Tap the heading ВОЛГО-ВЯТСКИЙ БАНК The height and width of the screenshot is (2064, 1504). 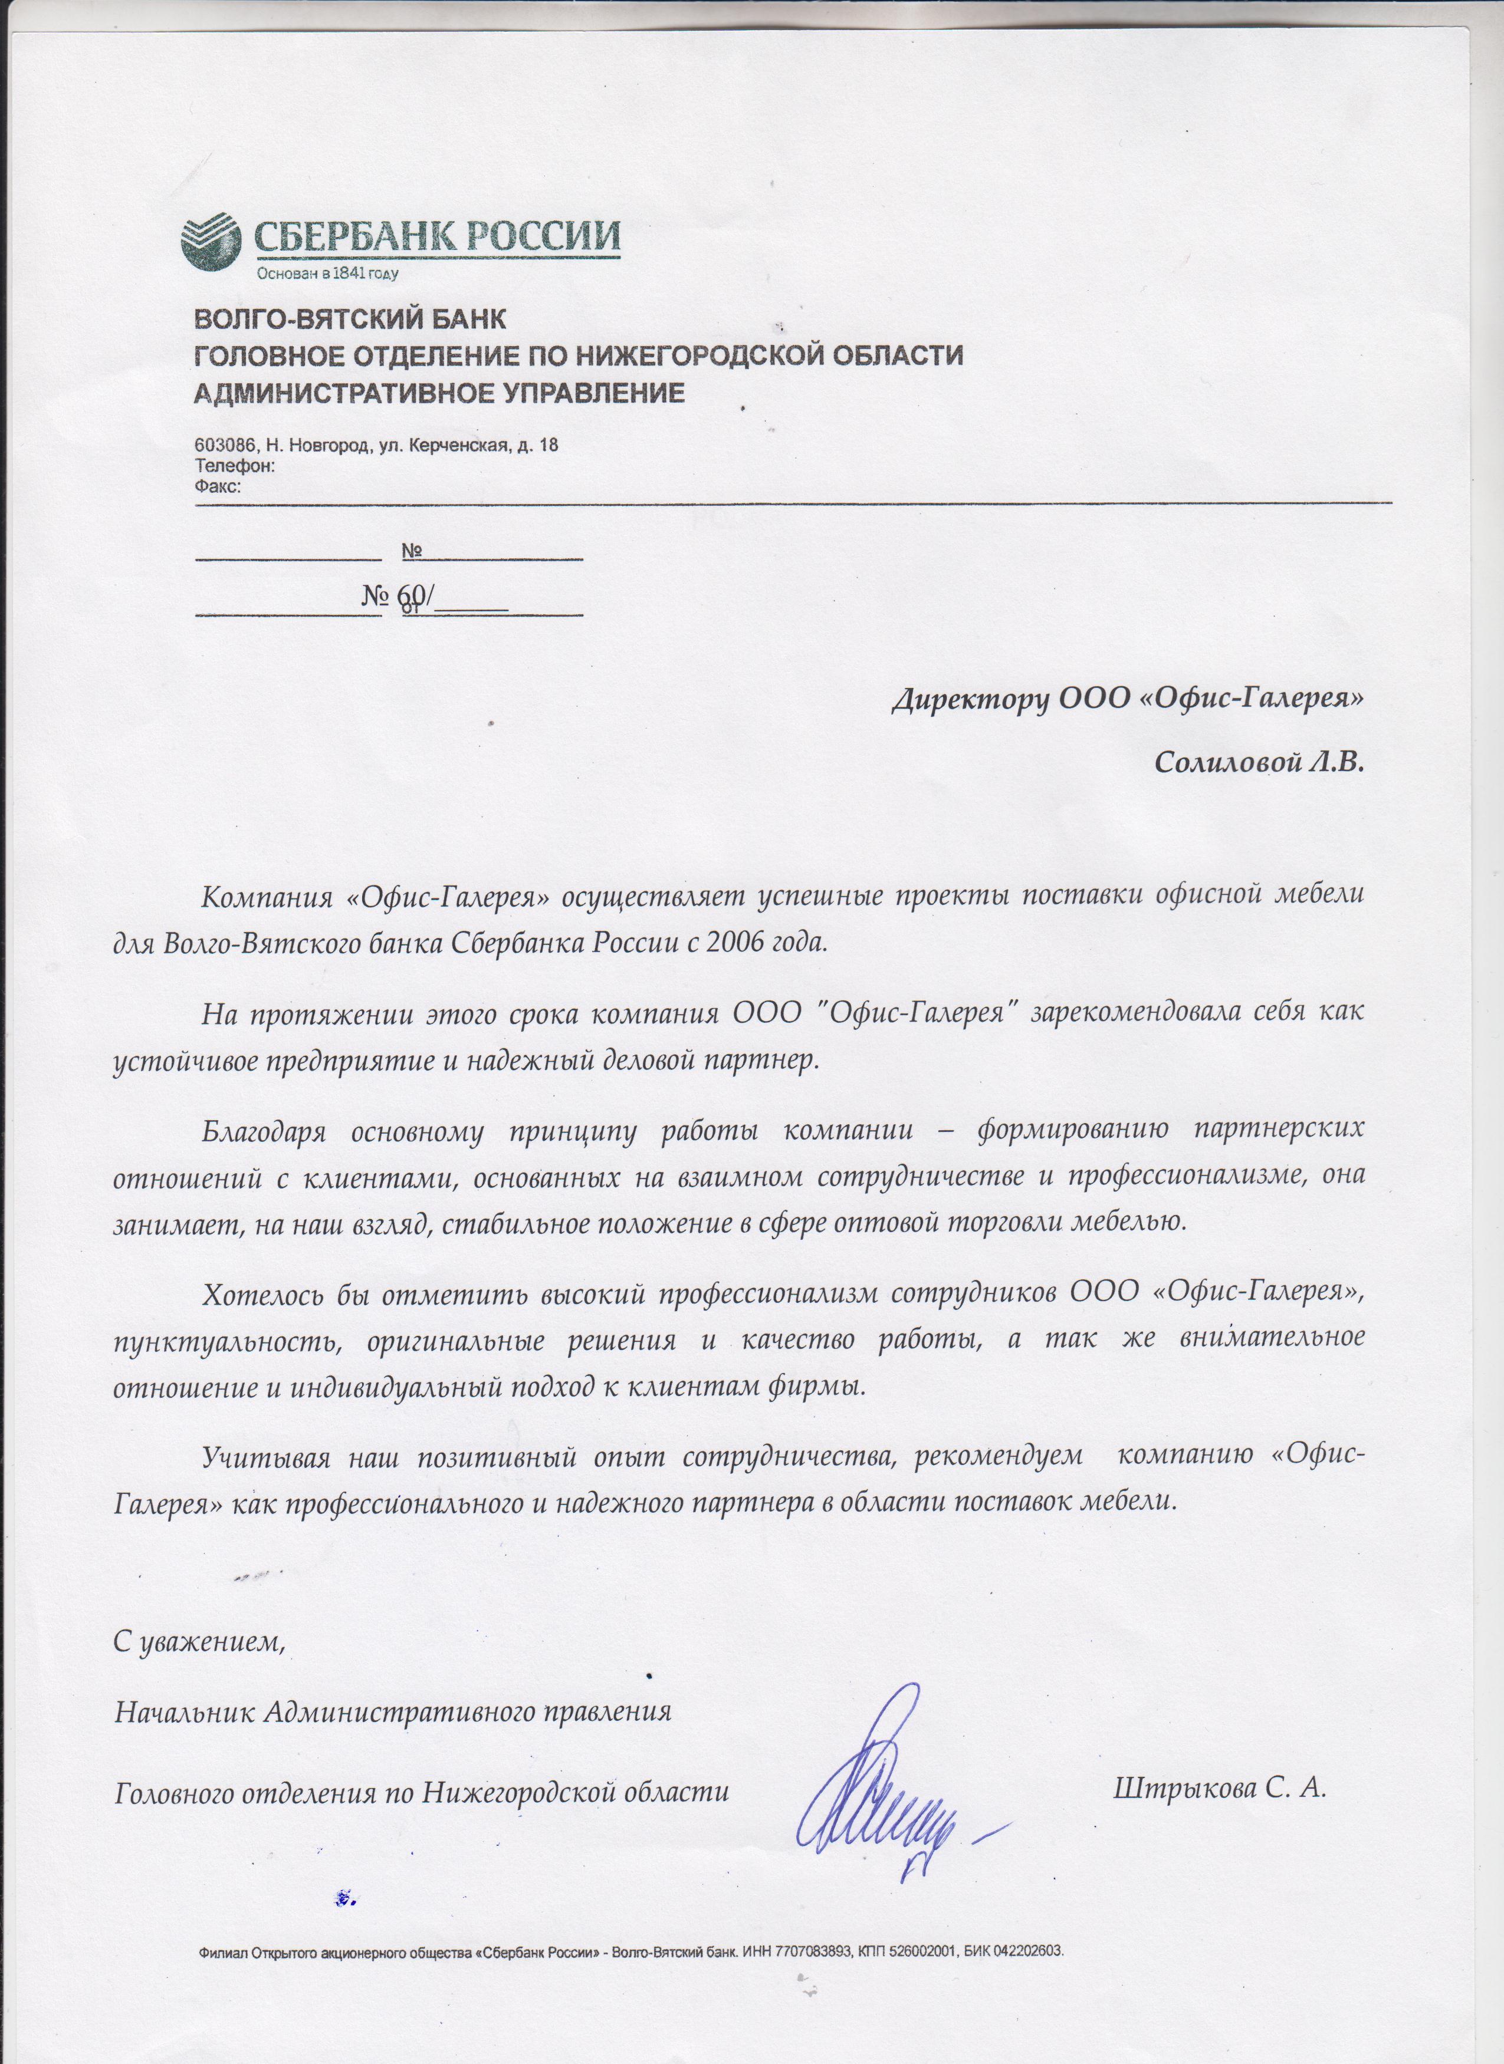(349, 320)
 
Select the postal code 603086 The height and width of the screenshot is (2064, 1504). (224, 446)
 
